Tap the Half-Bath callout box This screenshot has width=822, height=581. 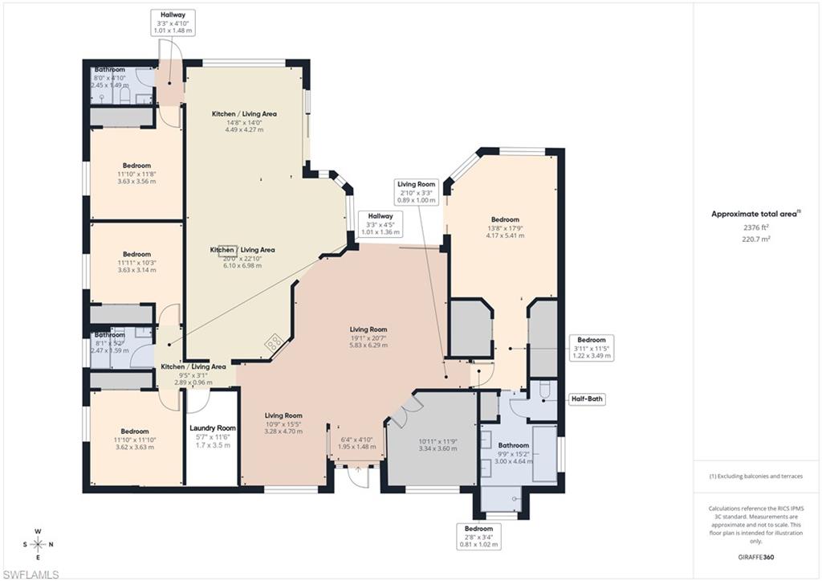[588, 398]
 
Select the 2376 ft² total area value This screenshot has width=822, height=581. [755, 227]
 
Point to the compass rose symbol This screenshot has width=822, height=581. [38, 544]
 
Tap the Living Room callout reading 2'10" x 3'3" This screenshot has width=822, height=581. [417, 192]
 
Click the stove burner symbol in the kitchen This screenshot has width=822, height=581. [274, 342]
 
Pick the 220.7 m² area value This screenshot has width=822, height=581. [755, 239]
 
